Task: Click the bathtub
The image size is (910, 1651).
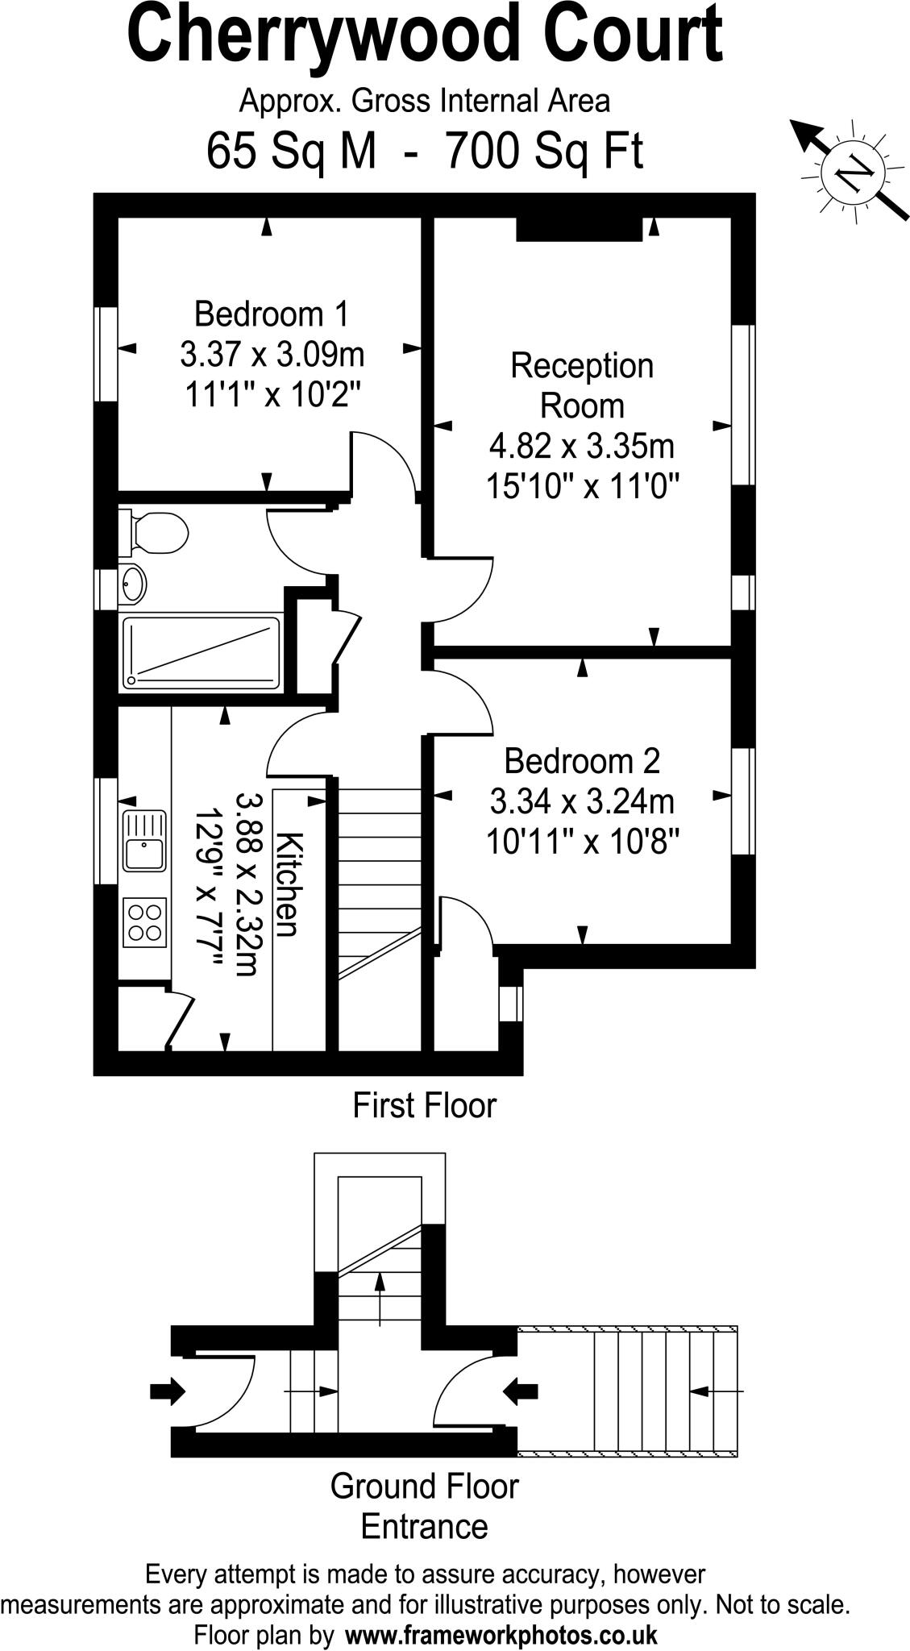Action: pos(202,652)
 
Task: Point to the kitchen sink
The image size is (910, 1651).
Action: pos(144,841)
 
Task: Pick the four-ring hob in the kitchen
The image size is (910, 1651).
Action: pos(145,921)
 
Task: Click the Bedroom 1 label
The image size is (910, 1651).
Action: pos(272,314)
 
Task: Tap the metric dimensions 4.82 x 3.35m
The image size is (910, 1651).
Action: pos(582,446)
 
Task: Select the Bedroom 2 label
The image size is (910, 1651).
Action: pos(582,760)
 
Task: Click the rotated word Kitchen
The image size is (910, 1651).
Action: pos(288,884)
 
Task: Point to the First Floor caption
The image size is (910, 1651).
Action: pos(424,1105)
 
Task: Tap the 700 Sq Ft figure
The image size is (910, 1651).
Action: pos(545,151)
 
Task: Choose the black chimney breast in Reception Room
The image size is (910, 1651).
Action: pos(579,229)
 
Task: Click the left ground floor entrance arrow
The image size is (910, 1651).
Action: pos(168,1391)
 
